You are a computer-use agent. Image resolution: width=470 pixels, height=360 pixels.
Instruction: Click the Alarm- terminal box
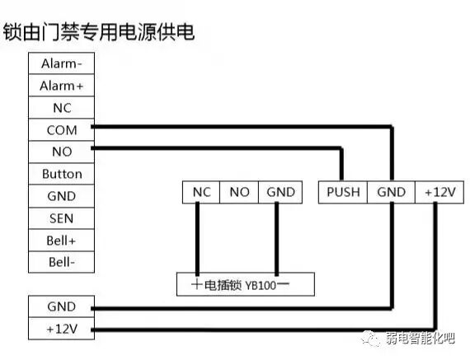[62, 63]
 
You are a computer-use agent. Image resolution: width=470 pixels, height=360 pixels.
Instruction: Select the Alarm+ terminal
[62, 86]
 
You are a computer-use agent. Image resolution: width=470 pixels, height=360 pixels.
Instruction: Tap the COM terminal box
[62, 130]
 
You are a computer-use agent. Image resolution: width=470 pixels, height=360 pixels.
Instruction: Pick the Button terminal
[62, 174]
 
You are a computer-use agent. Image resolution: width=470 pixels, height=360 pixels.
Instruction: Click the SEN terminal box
[62, 218]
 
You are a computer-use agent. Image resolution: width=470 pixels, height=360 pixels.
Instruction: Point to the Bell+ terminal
[62, 241]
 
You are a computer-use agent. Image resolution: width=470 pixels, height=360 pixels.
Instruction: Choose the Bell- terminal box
[62, 263]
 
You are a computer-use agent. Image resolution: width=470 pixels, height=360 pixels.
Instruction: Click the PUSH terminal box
[343, 192]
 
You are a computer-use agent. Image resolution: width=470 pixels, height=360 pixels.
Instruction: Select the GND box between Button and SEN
[62, 196]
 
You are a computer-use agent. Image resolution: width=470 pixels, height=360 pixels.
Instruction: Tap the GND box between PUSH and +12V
[391, 192]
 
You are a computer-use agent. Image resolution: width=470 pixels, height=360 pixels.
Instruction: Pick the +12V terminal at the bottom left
[62, 330]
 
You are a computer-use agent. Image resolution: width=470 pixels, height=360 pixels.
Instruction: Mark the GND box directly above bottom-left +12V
[62, 306]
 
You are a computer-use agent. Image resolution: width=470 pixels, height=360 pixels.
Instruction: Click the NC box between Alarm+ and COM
[62, 108]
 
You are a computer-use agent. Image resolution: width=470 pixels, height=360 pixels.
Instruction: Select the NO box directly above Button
[62, 152]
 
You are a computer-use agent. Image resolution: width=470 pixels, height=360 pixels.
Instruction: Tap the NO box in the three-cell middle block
[239, 192]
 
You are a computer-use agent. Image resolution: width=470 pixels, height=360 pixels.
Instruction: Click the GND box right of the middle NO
[280, 192]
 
